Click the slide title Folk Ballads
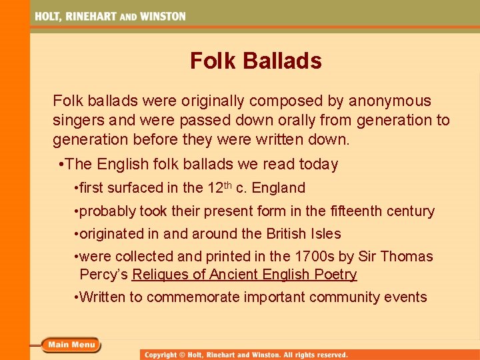coord(255,61)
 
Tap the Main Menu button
coord(71,345)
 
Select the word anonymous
coord(389,101)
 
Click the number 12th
coord(219,187)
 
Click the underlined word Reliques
coord(157,275)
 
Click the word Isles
coord(325,234)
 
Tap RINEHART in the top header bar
coord(91,16)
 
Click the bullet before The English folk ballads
coord(61,165)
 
